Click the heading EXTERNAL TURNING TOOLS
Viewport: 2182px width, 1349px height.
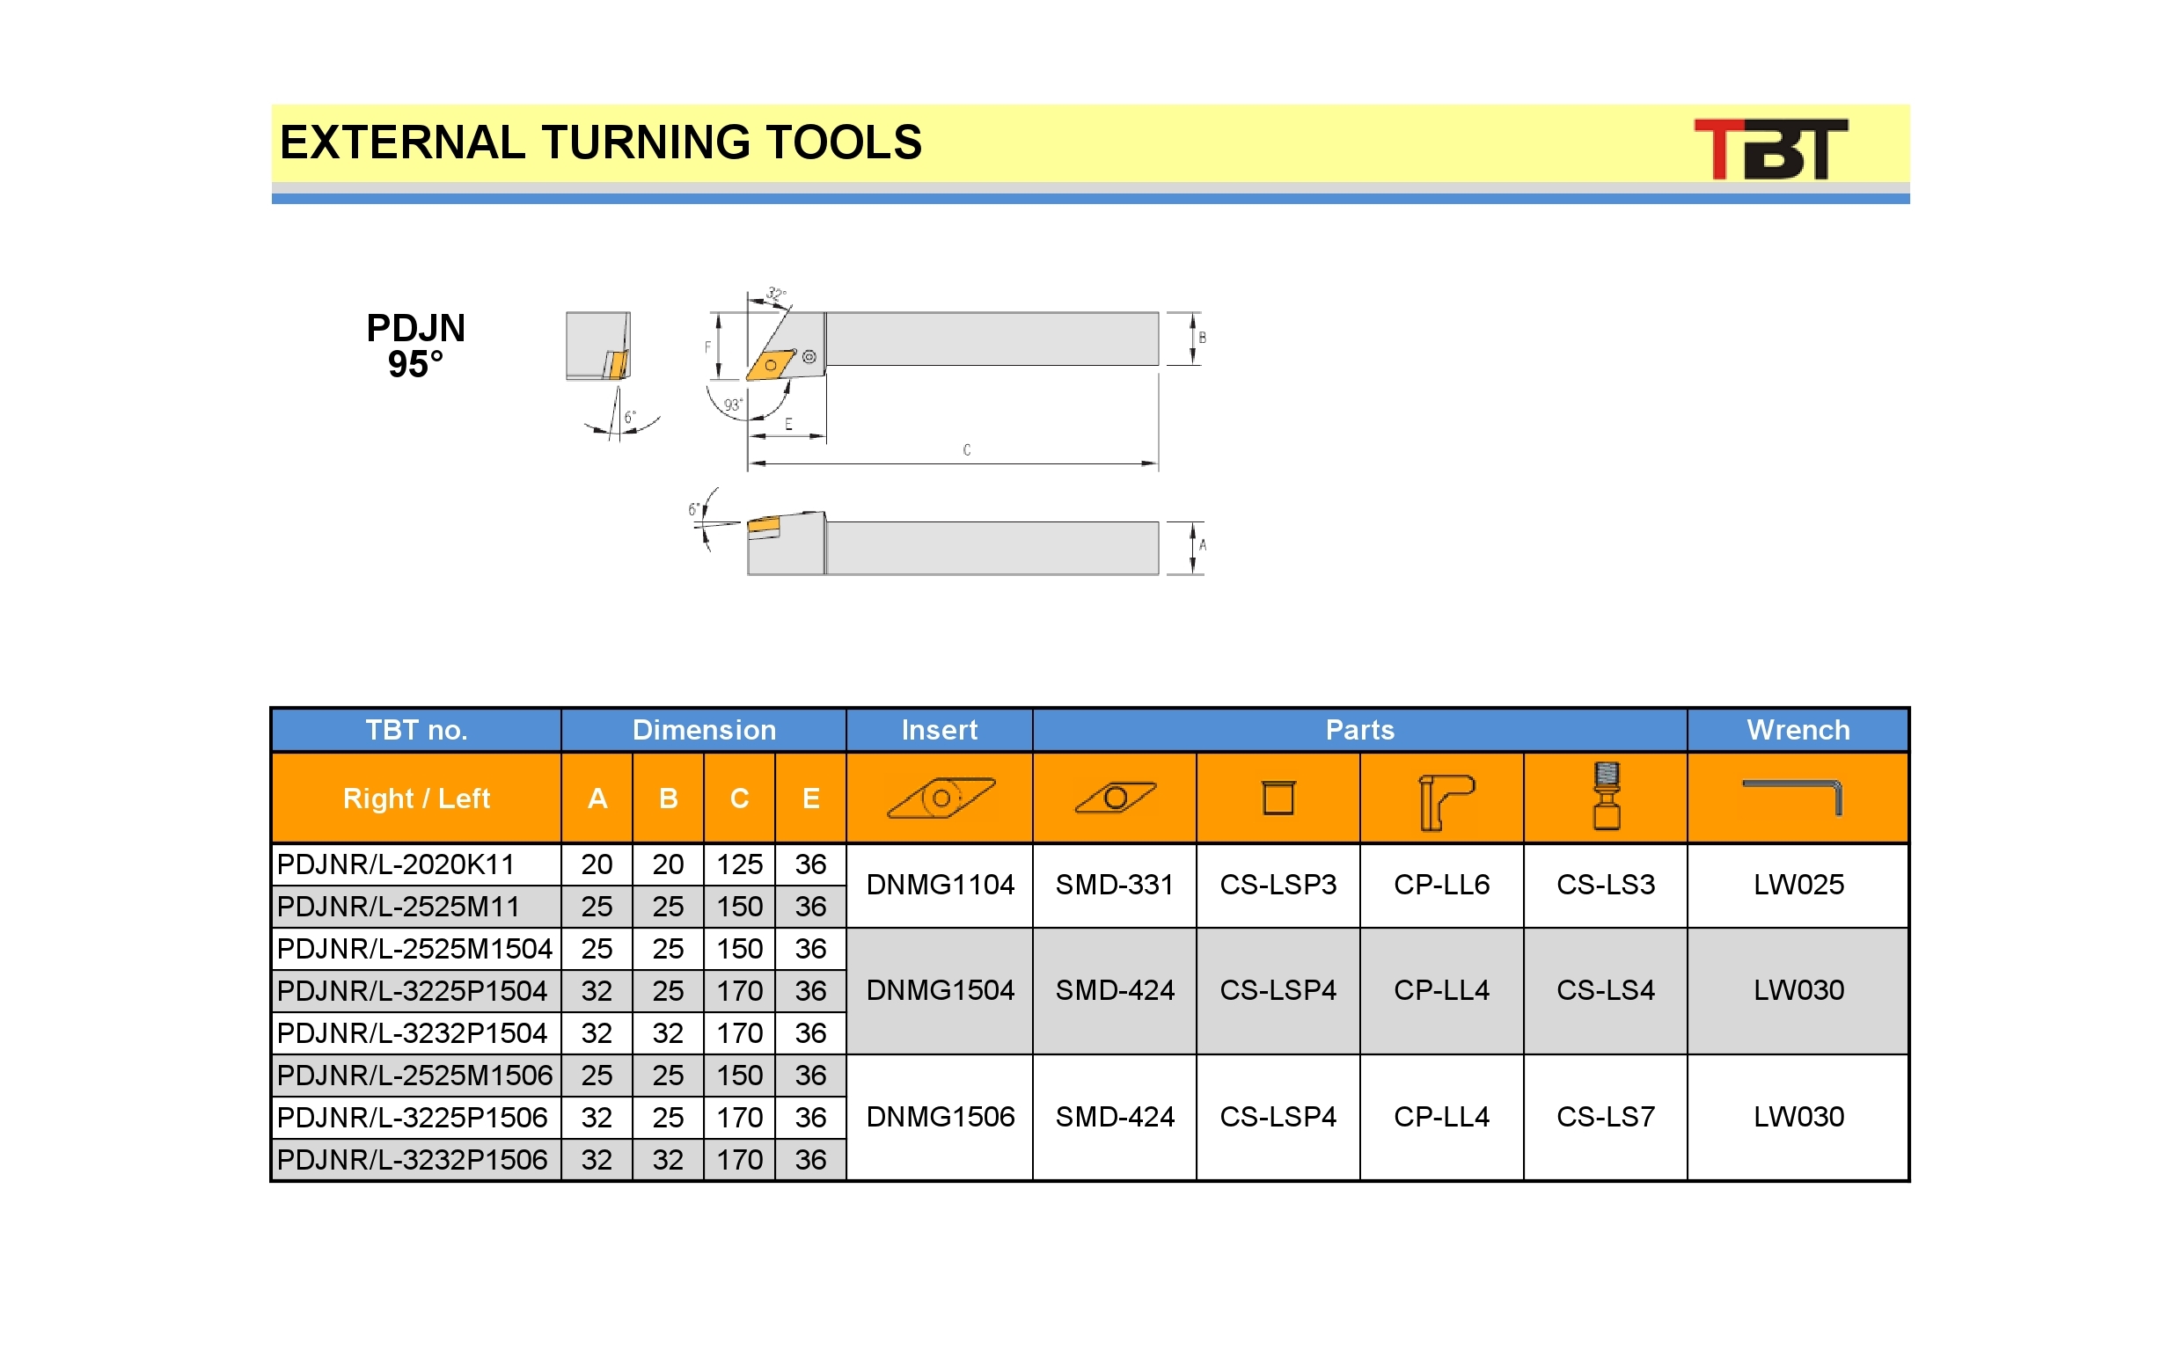tap(601, 142)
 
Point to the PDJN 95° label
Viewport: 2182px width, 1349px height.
tap(416, 346)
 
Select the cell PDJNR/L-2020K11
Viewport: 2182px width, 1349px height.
tap(416, 864)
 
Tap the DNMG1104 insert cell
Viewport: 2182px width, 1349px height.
tap(940, 884)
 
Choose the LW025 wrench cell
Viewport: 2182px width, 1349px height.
tap(1798, 884)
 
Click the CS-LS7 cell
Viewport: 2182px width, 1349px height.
tap(1606, 1117)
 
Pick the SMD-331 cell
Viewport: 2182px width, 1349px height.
tap(1115, 884)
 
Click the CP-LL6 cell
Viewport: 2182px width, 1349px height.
tap(1441, 884)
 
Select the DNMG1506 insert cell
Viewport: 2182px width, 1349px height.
tap(940, 1117)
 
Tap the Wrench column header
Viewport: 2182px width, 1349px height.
tap(1798, 730)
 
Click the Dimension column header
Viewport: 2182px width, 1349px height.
tap(704, 730)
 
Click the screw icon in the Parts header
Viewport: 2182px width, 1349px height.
tap(1607, 796)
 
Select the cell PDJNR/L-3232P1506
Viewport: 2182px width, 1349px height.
tap(416, 1159)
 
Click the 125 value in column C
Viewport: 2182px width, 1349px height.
tap(739, 864)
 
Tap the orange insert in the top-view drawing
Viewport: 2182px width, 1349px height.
tap(770, 365)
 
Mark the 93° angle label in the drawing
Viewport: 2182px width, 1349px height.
tap(733, 405)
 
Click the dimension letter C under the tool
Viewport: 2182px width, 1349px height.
tap(967, 449)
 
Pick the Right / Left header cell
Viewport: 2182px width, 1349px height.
tap(416, 798)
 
